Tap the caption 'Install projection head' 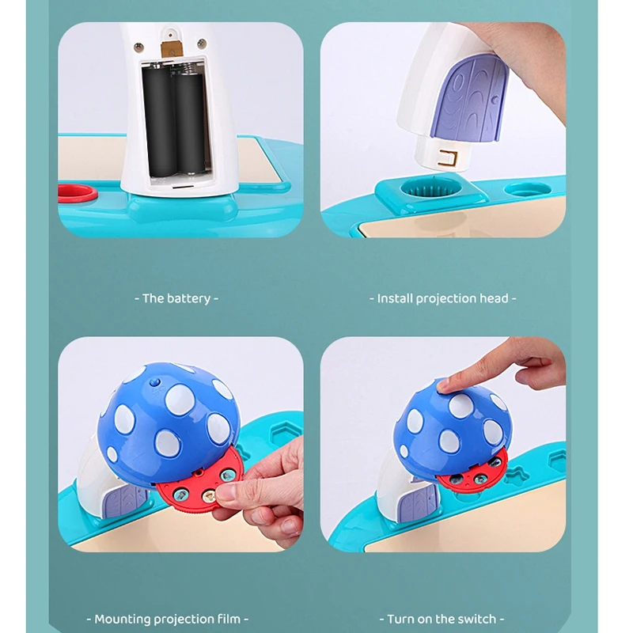coord(442,298)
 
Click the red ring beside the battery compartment coord(77,192)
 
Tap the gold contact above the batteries coord(169,49)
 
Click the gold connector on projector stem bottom coord(452,157)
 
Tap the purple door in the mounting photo coord(123,501)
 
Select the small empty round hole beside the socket coord(526,190)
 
